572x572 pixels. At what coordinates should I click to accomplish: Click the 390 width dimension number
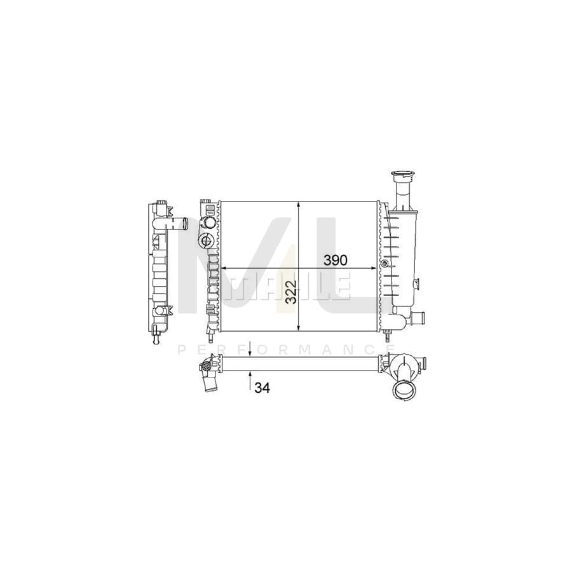(x=336, y=260)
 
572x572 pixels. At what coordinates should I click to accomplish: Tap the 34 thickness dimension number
(x=262, y=388)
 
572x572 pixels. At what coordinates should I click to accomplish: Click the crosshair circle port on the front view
(x=206, y=240)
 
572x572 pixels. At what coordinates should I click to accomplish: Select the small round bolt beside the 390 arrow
(x=383, y=263)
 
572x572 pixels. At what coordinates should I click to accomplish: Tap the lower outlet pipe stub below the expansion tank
(x=419, y=317)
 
